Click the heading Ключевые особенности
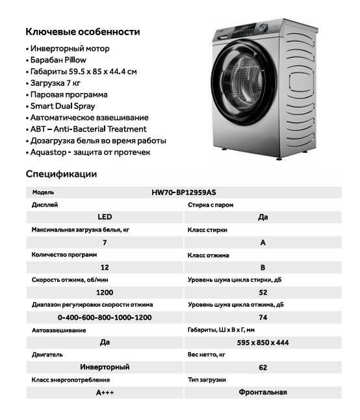(83, 31)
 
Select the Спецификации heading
(61, 174)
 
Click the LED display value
(105, 217)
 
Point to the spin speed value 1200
(105, 293)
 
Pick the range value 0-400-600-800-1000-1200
(105, 317)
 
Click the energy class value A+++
(105, 393)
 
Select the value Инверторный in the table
(105, 367)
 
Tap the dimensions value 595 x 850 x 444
(263, 343)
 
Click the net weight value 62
(263, 367)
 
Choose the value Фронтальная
(263, 393)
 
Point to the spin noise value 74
(263, 317)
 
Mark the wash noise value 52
(263, 293)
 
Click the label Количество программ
(64, 255)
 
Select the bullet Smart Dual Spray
(63, 106)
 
